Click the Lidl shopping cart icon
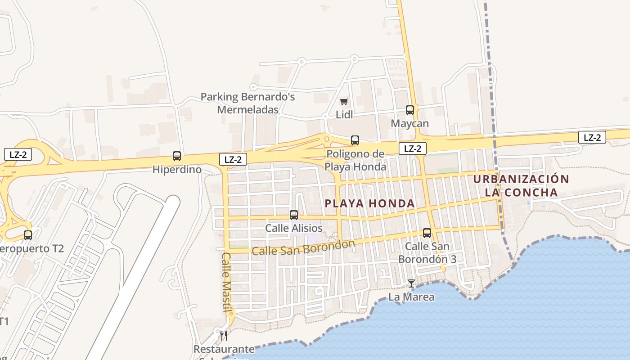click(x=344, y=102)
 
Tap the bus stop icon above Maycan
click(x=409, y=110)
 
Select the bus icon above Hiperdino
click(x=177, y=156)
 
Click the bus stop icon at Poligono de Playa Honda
click(x=355, y=140)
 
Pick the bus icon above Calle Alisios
click(x=294, y=215)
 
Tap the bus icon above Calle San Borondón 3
click(x=427, y=233)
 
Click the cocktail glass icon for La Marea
click(x=411, y=283)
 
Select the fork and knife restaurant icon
click(x=223, y=335)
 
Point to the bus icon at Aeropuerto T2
click(x=28, y=235)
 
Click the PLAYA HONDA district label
click(x=369, y=203)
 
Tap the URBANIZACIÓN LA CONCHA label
click(x=521, y=185)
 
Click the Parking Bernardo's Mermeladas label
click(x=247, y=103)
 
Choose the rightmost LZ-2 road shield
click(x=592, y=137)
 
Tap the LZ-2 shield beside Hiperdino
click(x=233, y=159)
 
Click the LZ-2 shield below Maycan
click(x=412, y=148)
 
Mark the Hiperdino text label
click(x=176, y=170)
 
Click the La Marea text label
click(x=411, y=297)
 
